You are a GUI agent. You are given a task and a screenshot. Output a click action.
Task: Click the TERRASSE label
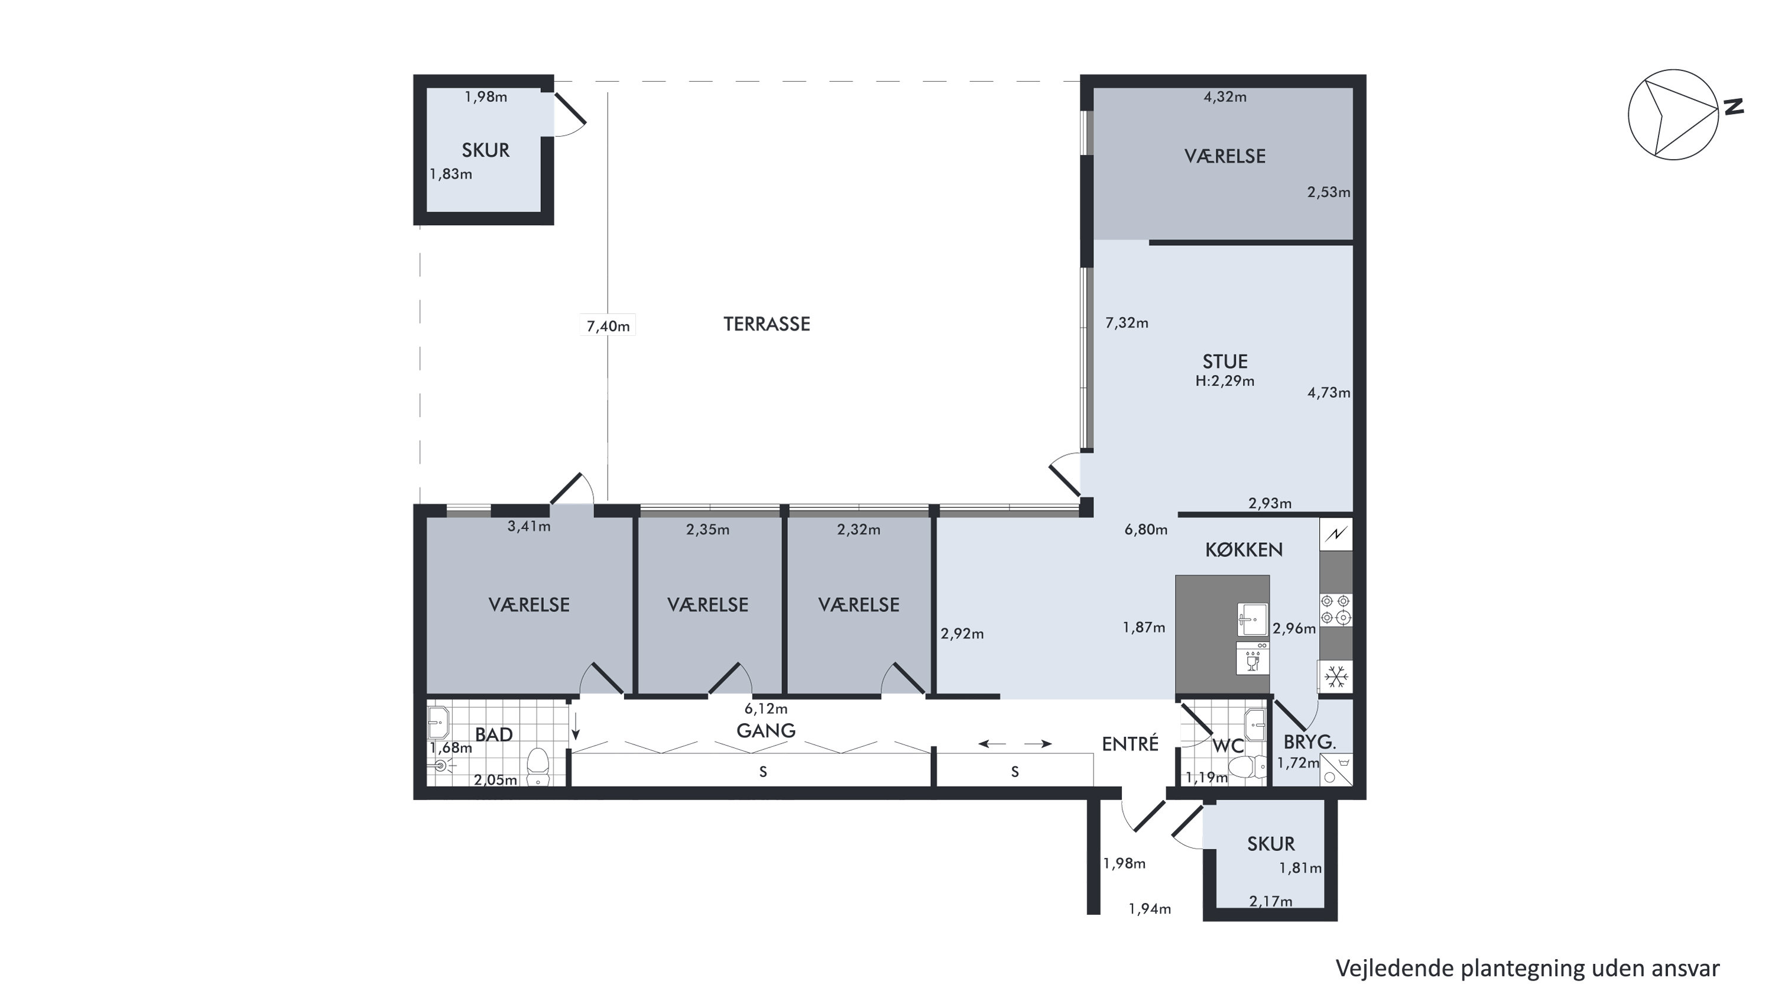[x=766, y=324]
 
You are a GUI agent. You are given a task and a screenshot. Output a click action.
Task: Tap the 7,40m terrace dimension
[x=608, y=326]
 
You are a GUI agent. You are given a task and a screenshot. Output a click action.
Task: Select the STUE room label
[x=1225, y=361]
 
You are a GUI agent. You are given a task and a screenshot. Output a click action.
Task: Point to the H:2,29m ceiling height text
[x=1225, y=380]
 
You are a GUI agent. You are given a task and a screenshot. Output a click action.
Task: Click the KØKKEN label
[x=1244, y=550]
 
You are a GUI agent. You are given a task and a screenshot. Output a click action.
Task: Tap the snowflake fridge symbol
[x=1336, y=677]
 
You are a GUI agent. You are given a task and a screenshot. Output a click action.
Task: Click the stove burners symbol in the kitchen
[x=1336, y=610]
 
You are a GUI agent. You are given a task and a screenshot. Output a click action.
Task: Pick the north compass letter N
[x=1733, y=106]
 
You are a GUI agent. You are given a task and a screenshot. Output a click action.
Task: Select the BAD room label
[x=494, y=735]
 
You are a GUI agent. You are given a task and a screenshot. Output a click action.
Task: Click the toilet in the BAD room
[x=538, y=766]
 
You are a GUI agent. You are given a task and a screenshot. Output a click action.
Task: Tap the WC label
[x=1228, y=746]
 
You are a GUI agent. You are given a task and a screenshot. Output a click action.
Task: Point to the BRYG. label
[x=1310, y=742]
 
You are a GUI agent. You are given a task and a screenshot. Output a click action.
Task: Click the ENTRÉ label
[x=1130, y=744]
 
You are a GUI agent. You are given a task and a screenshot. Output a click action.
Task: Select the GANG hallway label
[x=765, y=731]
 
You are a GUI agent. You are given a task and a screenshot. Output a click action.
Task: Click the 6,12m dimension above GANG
[x=765, y=708]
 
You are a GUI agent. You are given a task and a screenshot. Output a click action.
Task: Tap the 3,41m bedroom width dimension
[x=529, y=527]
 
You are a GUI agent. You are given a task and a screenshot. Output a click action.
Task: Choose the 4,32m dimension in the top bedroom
[x=1225, y=97]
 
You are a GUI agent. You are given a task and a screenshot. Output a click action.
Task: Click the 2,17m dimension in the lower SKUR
[x=1271, y=901]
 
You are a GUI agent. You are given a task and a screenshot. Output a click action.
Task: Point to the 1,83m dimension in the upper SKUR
[x=450, y=174]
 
